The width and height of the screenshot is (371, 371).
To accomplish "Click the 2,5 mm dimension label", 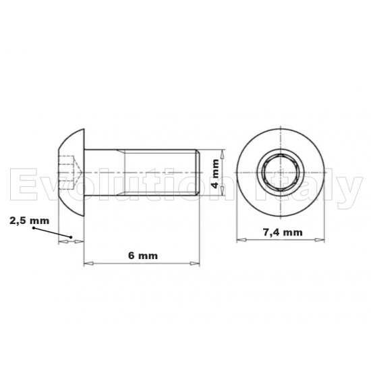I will tap(30, 221).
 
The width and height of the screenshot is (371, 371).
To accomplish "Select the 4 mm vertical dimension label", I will tap(215, 173).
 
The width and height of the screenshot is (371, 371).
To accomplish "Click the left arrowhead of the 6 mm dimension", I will tap(87, 262).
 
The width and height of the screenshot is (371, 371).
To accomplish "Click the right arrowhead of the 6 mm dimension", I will tap(196, 262).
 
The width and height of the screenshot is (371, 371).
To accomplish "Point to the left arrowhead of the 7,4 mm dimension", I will tap(240, 239).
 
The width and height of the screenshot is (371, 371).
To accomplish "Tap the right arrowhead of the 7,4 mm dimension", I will tap(321, 239).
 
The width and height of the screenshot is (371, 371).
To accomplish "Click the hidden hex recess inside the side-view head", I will tap(67, 166).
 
